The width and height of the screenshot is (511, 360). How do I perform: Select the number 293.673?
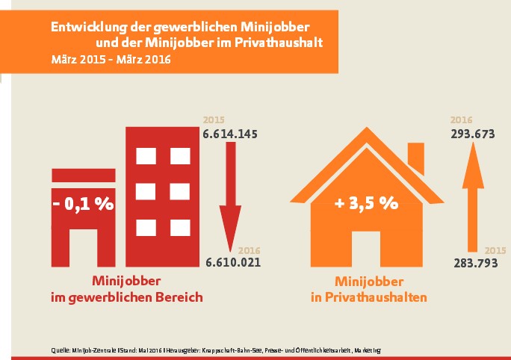(x=476, y=134)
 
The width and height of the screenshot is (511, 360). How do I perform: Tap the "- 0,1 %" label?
(x=83, y=204)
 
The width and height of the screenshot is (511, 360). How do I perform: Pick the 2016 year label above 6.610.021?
(x=248, y=250)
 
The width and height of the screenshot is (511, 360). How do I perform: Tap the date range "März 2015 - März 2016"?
(x=111, y=60)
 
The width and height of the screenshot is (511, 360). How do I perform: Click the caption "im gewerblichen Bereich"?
(x=127, y=297)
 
